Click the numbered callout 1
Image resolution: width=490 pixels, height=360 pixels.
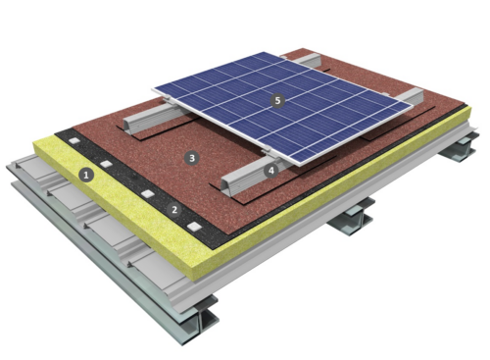click(x=87, y=177)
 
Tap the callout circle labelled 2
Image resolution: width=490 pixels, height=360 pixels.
click(x=174, y=209)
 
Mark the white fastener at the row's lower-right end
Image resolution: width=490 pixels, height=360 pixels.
click(x=198, y=228)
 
